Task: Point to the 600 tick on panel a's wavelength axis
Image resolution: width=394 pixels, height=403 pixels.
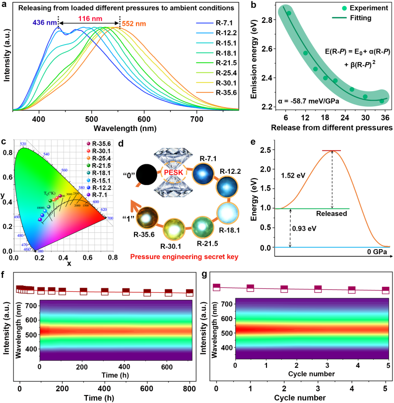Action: (144, 120)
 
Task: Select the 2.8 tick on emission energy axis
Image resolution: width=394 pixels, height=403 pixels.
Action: (262, 19)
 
